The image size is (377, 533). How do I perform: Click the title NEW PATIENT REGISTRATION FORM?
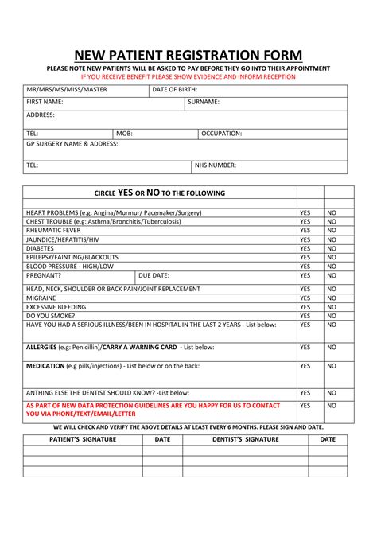tap(188, 55)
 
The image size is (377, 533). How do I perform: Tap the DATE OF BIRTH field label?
tap(175, 90)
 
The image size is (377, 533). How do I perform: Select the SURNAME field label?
tap(204, 103)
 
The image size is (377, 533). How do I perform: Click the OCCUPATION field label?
tap(221, 134)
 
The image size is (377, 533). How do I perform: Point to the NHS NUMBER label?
tap(216, 165)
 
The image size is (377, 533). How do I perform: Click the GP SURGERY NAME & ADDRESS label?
tap(72, 145)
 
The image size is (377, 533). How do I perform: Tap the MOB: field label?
tap(125, 134)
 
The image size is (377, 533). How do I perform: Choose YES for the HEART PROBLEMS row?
tap(305, 213)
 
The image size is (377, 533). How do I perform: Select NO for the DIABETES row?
tap(332, 248)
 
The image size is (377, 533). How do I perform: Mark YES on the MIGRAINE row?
tap(305, 298)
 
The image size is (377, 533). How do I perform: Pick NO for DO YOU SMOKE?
tap(332, 316)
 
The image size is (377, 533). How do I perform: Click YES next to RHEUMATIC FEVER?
tap(305, 231)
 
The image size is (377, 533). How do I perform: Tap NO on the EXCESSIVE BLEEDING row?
tap(332, 307)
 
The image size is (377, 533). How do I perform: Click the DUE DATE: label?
tap(154, 275)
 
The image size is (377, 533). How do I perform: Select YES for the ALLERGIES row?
tap(305, 348)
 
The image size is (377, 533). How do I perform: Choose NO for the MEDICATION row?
tap(332, 366)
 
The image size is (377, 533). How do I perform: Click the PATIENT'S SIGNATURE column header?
tap(83, 438)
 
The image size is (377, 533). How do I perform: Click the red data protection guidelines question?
tap(153, 410)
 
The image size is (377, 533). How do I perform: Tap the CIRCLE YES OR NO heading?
tap(160, 193)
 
